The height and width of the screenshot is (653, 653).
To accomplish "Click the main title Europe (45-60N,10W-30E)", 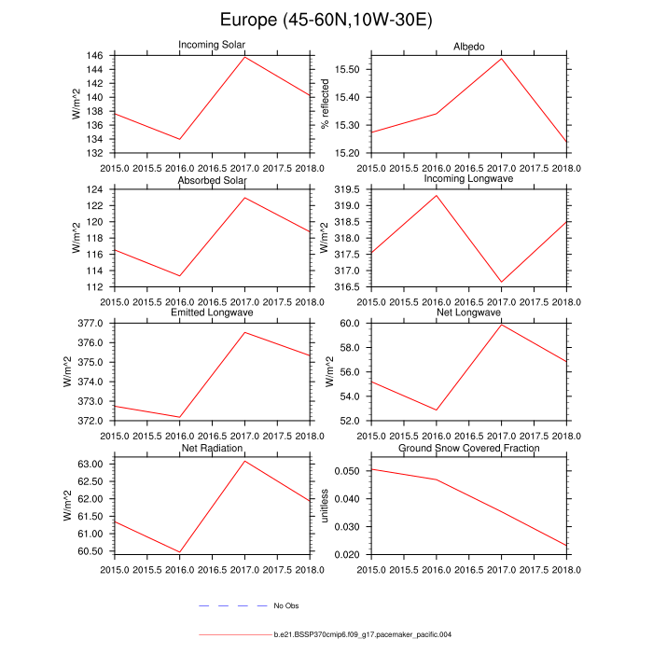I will click(x=326, y=21).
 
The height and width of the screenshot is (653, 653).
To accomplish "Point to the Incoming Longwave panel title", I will click(x=469, y=178).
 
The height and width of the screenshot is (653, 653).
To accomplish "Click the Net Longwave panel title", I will click(x=469, y=313).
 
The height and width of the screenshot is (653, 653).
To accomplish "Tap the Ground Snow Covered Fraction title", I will click(x=469, y=449).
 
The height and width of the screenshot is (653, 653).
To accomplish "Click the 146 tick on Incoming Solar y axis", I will click(x=96, y=56).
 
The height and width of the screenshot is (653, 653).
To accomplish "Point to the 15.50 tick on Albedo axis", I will click(x=346, y=70).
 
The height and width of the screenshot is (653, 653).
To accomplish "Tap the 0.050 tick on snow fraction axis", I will click(x=347, y=471).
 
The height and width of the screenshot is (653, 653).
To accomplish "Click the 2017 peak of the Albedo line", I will click(x=502, y=59).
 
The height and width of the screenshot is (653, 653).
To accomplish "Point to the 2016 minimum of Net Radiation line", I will click(x=179, y=552).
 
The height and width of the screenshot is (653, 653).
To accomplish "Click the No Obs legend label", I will click(x=285, y=605).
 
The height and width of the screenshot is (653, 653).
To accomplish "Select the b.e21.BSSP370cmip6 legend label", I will click(x=363, y=634).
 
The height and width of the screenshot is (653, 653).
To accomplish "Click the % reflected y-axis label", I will click(x=326, y=104).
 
